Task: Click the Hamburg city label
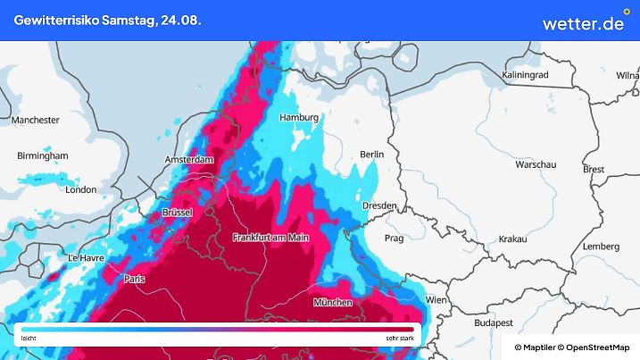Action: click(x=299, y=117)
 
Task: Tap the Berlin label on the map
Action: click(x=371, y=155)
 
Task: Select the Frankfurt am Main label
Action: click(x=270, y=237)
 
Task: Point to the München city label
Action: click(x=332, y=303)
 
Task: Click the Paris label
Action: click(x=135, y=279)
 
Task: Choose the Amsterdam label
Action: click(x=190, y=160)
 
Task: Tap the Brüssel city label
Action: click(x=179, y=213)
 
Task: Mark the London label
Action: click(x=81, y=189)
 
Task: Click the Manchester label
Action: click(x=36, y=120)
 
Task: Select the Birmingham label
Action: click(x=42, y=155)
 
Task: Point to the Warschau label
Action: click(x=536, y=165)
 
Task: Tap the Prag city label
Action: click(x=394, y=239)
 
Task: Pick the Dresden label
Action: click(x=379, y=205)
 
